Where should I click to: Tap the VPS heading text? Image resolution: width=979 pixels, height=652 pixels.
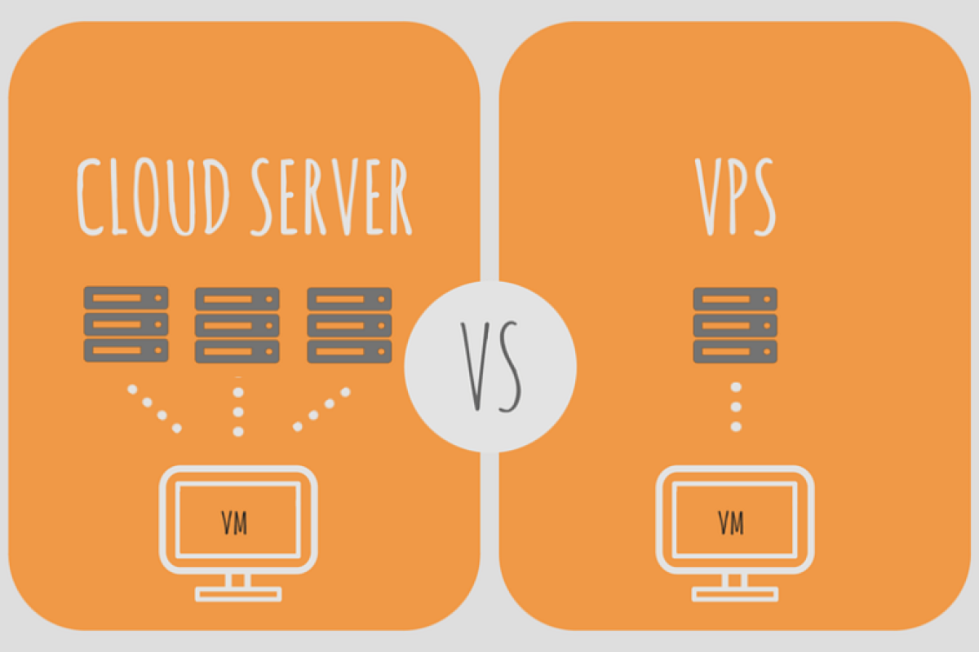click(x=734, y=196)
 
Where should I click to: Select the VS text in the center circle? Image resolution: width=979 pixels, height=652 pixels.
click(x=490, y=366)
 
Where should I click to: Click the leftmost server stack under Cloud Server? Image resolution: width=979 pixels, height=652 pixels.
click(x=126, y=324)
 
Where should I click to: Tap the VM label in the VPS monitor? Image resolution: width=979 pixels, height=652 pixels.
click(x=731, y=522)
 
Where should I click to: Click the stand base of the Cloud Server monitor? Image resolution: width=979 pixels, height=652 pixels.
click(x=238, y=593)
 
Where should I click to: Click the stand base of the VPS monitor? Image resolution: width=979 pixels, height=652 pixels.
click(x=734, y=593)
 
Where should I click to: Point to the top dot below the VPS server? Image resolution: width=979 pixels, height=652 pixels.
click(x=736, y=387)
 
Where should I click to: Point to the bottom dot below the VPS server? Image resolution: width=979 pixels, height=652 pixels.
click(x=736, y=426)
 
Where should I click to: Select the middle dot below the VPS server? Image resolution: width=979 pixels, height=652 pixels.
click(x=736, y=407)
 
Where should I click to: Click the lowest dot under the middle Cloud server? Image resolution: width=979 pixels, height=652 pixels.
click(x=238, y=431)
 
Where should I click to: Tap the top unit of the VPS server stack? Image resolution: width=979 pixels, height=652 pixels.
click(x=735, y=298)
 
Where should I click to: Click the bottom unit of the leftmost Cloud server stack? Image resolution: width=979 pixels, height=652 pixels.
click(x=126, y=350)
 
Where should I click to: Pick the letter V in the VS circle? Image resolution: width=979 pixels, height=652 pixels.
click(x=472, y=366)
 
